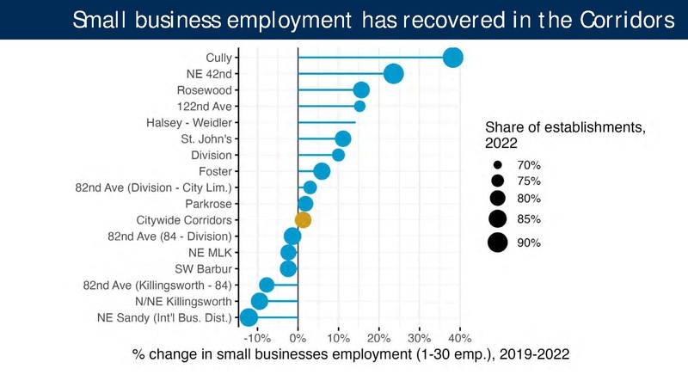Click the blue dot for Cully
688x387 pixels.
click(452, 58)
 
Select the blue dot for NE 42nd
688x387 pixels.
click(394, 74)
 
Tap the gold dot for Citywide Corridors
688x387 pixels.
click(303, 220)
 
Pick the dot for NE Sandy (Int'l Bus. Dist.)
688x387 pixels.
click(249, 317)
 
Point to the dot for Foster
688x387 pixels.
click(322, 171)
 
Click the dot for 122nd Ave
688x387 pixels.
click(359, 106)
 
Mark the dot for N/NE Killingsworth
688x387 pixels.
click(259, 301)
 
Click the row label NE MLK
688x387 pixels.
click(210, 253)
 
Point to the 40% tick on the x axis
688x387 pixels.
click(459, 336)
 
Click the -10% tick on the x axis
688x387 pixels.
click(257, 336)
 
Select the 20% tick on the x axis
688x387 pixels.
click(378, 336)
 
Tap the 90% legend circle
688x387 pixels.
click(497, 243)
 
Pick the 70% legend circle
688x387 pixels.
click(497, 164)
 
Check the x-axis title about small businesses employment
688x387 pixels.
click(350, 353)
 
